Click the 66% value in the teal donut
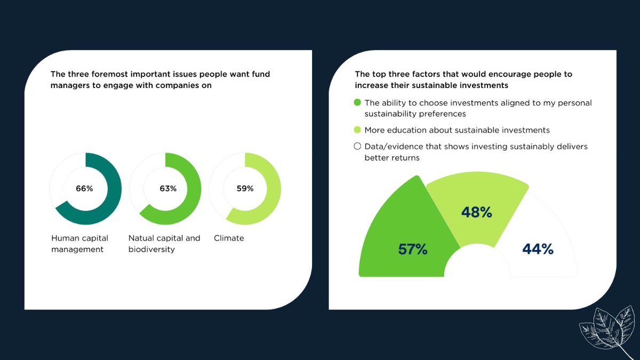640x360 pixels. coord(84,189)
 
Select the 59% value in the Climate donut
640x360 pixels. coord(245,189)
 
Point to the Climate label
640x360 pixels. coord(229,238)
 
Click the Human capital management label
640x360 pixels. coord(80,244)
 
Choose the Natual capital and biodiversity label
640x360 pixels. coord(164,244)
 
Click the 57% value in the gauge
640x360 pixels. coord(413,249)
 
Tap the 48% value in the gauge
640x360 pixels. coord(476,212)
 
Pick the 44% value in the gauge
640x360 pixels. coord(538,249)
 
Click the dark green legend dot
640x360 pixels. coord(357,102)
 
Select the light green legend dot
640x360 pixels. coord(357,130)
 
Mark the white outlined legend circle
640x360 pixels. coord(357,146)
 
